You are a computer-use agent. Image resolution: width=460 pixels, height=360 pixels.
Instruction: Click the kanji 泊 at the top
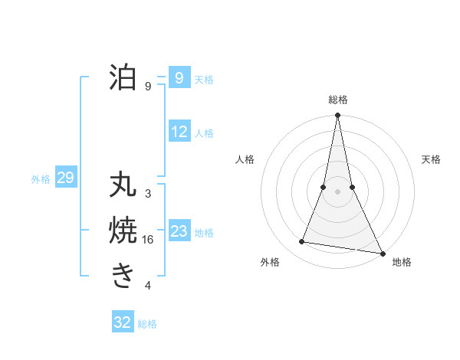click(123, 78)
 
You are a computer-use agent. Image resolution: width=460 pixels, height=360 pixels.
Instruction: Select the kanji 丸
click(123, 186)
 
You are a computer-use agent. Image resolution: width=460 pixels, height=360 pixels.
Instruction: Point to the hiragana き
click(123, 274)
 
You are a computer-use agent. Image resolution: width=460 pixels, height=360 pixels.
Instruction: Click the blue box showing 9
click(179, 78)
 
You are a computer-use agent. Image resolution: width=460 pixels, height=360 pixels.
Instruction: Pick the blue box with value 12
click(179, 132)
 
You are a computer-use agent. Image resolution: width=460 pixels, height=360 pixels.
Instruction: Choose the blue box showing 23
click(179, 231)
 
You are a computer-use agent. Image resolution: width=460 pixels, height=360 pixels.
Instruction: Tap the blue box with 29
click(65, 178)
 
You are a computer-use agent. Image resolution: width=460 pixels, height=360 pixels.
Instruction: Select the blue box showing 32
click(123, 322)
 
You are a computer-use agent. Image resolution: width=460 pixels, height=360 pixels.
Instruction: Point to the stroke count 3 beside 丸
click(148, 194)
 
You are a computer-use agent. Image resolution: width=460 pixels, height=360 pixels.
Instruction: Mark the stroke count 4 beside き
click(148, 286)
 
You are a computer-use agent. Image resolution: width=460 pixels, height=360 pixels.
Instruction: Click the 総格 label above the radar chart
click(338, 100)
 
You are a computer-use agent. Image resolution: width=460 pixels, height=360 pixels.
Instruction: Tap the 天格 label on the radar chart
click(431, 159)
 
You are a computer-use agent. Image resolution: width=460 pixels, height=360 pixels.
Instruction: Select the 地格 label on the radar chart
click(402, 262)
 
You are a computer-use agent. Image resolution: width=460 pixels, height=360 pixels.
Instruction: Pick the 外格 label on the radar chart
click(270, 262)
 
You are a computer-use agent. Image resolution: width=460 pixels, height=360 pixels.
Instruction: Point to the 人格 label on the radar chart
click(245, 159)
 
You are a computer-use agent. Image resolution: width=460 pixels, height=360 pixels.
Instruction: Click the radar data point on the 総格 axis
click(337, 116)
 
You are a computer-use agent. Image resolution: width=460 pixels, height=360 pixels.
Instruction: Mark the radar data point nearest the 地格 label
click(382, 252)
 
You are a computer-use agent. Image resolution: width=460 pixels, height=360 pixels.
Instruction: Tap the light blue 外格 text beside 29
click(41, 179)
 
